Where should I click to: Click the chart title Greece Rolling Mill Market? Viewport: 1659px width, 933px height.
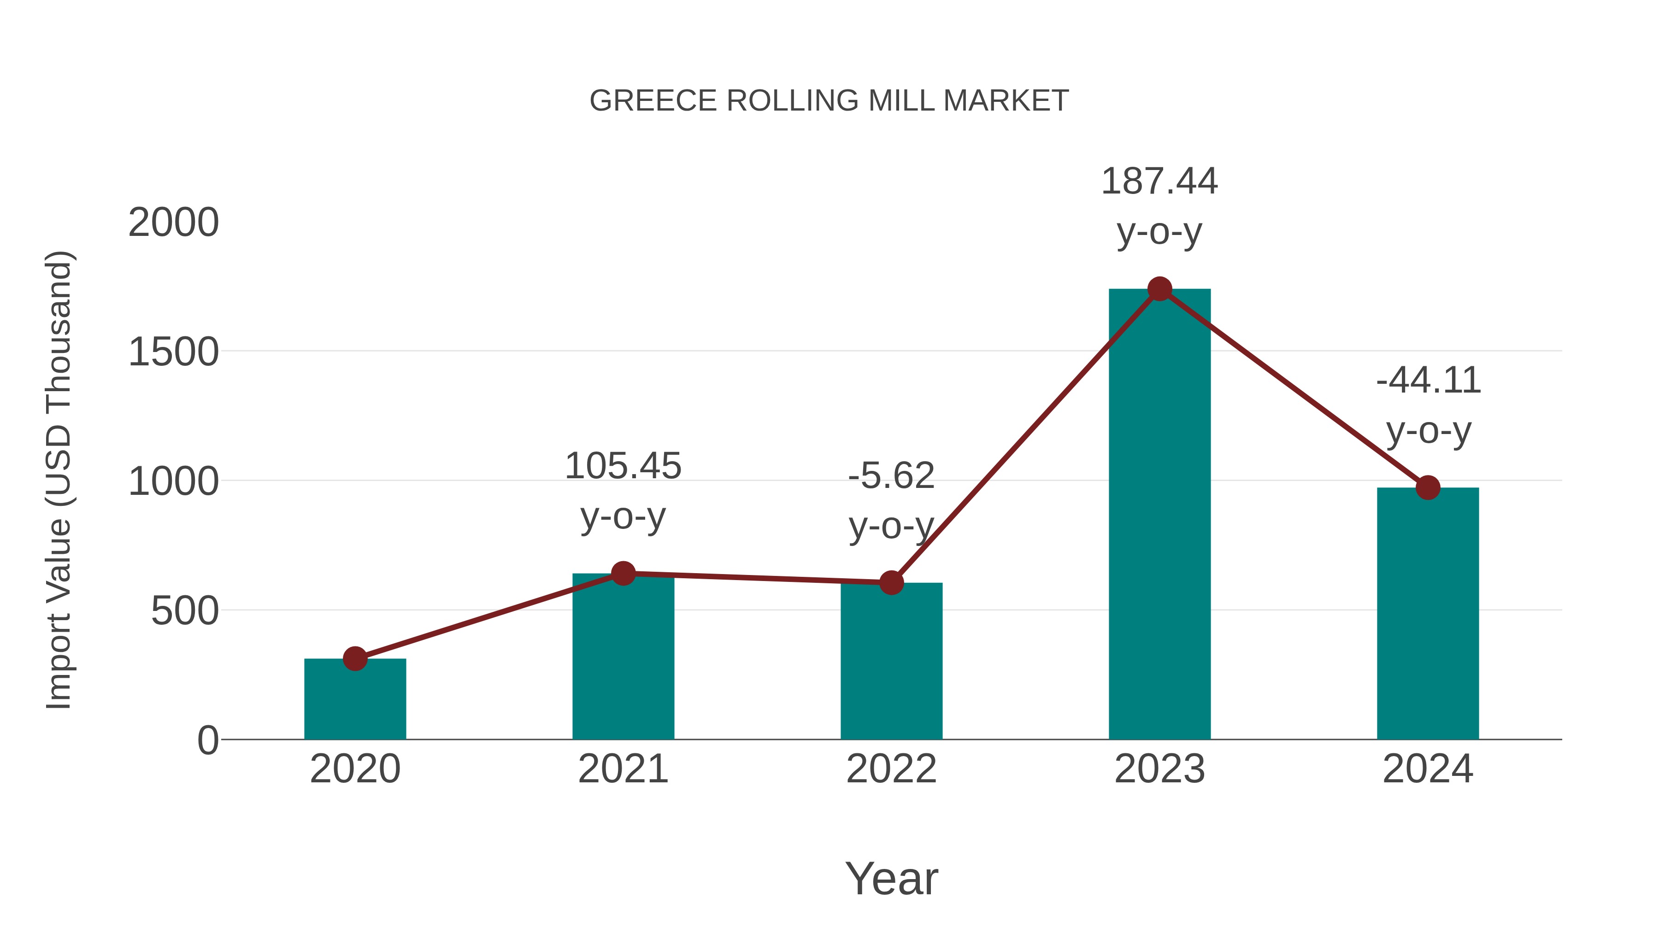(829, 101)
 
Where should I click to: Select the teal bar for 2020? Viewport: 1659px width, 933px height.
(355, 702)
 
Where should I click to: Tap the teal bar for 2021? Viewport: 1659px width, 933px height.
(623, 663)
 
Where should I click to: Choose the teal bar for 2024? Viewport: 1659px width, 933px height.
(1428, 618)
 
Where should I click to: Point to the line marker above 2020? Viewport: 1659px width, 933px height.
(355, 659)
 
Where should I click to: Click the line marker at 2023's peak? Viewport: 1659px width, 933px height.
(1159, 289)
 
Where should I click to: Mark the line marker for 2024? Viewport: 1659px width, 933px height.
(1428, 487)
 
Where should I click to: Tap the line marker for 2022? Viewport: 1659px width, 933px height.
(891, 583)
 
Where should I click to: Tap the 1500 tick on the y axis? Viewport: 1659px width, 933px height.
(174, 353)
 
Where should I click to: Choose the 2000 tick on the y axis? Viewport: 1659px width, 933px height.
(174, 223)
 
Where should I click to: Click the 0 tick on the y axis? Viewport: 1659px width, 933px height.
(207, 740)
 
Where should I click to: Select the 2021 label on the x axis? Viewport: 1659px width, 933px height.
(623, 769)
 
